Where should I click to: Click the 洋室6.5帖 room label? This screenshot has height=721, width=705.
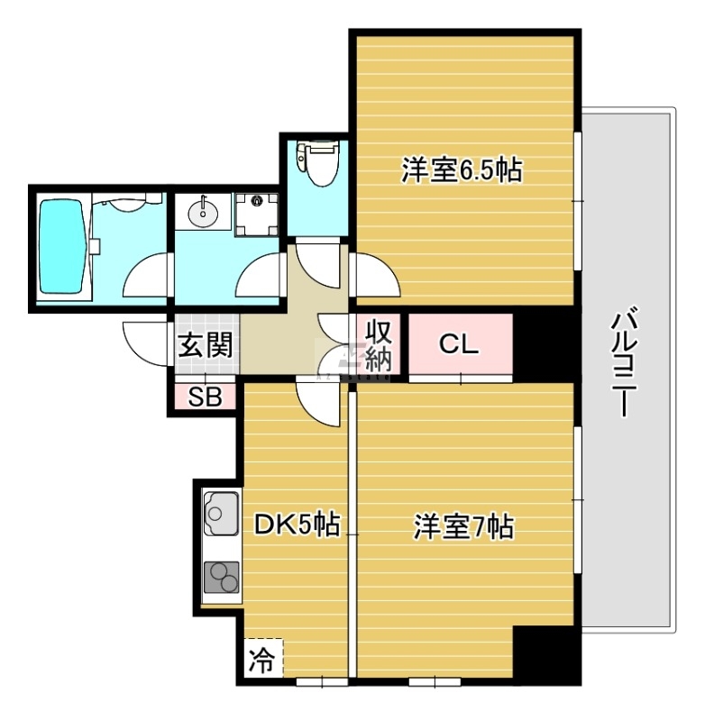click(462, 169)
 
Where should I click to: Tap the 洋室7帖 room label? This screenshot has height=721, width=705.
click(463, 526)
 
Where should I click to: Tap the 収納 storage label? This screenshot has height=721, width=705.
click(379, 345)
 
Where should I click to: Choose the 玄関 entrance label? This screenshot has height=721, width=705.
click(206, 343)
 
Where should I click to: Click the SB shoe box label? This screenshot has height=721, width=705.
click(206, 397)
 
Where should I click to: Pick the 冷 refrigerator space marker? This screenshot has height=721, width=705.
click(262, 660)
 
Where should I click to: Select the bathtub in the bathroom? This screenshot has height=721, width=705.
click(62, 247)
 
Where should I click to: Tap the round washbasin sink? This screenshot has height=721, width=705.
click(203, 214)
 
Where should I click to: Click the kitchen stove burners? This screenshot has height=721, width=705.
click(221, 577)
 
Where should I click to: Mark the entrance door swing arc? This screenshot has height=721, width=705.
click(144, 342)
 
